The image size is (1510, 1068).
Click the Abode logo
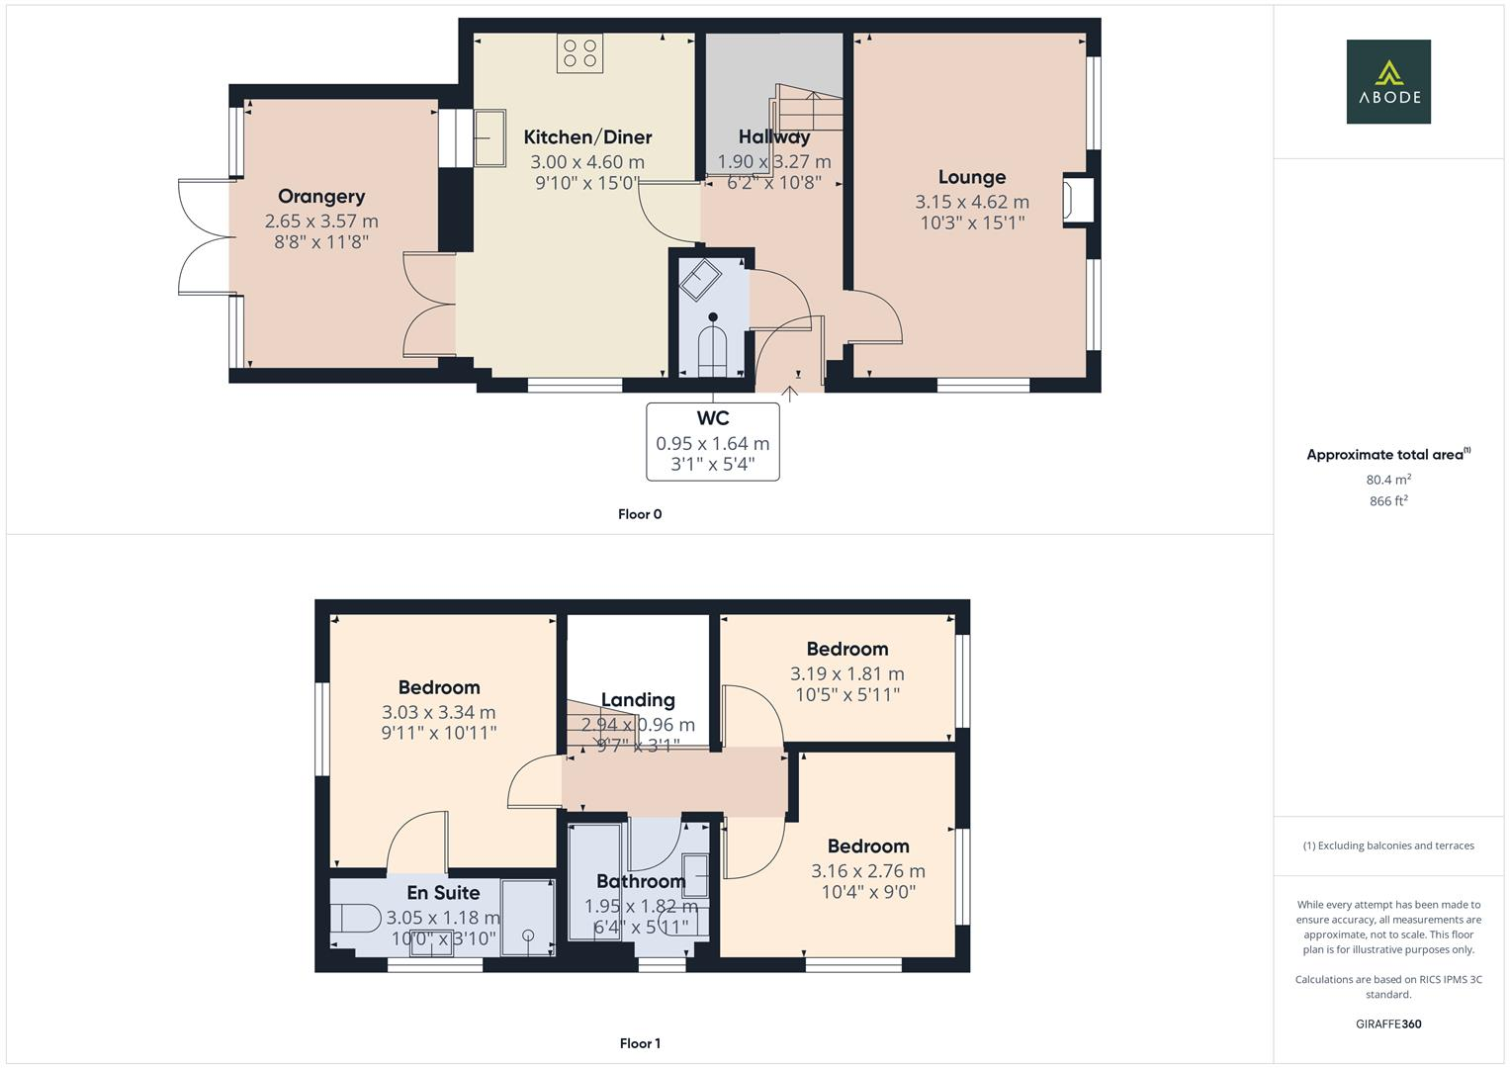[x=1387, y=82]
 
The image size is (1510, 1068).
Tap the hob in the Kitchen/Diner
[x=579, y=53]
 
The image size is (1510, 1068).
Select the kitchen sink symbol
[x=489, y=137]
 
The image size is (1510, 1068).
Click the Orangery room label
[x=321, y=196]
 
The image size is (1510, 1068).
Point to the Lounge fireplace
[x=1076, y=200]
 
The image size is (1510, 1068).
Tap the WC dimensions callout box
[x=712, y=442]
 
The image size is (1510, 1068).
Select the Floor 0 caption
[x=640, y=514]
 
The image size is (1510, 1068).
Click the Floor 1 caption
[x=640, y=1043]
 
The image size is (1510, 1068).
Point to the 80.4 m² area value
[x=1387, y=480]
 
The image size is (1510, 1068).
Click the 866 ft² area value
[x=1387, y=501]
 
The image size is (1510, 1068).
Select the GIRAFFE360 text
[x=1387, y=1023]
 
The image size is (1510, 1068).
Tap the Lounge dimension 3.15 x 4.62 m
[x=972, y=202]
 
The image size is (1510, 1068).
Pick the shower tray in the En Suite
[x=528, y=917]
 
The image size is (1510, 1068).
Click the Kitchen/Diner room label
[x=587, y=137]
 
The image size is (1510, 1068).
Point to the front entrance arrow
[x=790, y=393]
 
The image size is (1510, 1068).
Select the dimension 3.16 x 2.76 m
[x=868, y=871]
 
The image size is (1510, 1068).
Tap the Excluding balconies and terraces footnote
[x=1387, y=845]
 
